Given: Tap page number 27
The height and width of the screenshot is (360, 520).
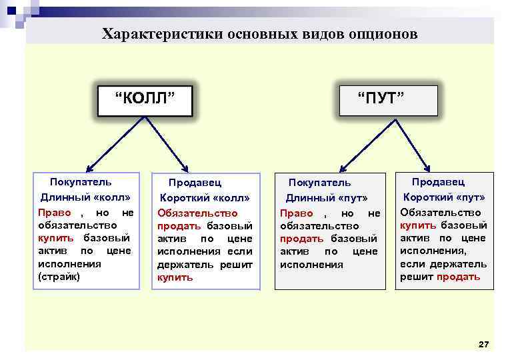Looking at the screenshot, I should tap(484, 344).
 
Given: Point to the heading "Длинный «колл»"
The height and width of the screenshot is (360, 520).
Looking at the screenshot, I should tap(85, 197).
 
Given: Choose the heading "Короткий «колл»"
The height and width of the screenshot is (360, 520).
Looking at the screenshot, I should tap(205, 198).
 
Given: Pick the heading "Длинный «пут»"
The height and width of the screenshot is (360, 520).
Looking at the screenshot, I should tap(327, 198).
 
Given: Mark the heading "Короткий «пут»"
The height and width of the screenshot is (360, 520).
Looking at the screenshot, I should tap(444, 197).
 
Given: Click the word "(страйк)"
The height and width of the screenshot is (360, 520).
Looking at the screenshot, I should tap(59, 276).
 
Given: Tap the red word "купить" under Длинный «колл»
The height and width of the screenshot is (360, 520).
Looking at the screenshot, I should tap(51, 238).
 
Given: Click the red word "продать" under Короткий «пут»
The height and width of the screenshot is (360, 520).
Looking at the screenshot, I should tap(459, 276).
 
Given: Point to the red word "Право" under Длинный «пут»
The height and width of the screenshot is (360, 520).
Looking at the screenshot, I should tap(297, 213).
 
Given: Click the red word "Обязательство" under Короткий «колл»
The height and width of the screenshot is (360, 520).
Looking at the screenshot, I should tap(197, 213).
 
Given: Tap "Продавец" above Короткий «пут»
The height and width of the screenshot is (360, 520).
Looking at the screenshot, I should tap(438, 182).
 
